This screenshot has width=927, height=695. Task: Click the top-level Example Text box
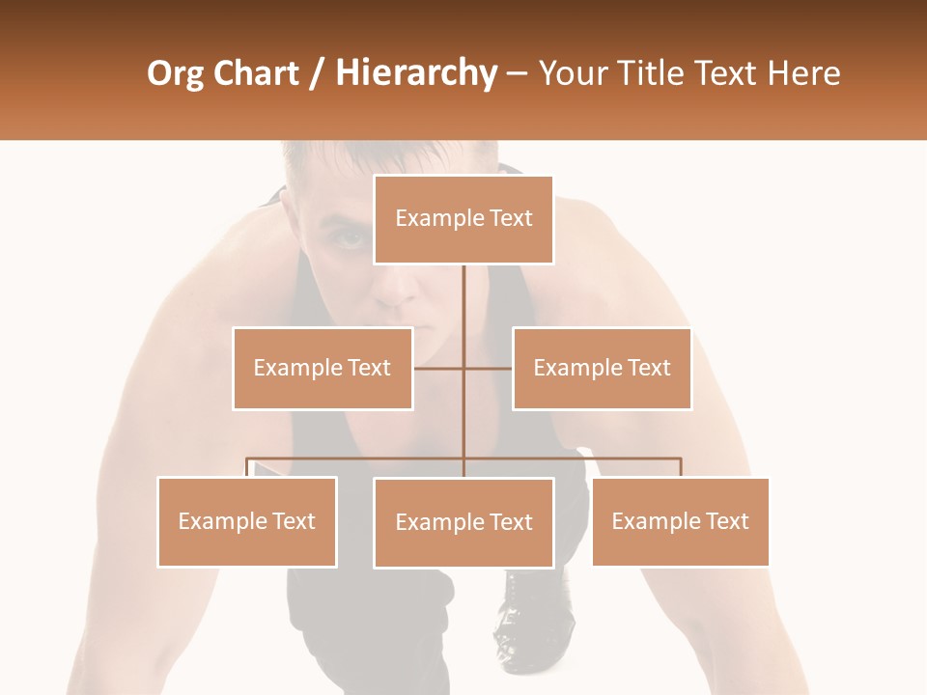463,219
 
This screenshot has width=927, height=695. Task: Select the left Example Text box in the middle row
323,368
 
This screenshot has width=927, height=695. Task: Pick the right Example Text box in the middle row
602,368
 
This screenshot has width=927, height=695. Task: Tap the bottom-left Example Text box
247,521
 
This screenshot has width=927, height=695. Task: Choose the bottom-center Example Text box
463,522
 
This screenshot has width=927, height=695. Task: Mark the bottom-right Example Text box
680,521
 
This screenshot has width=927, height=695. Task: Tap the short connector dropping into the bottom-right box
680,468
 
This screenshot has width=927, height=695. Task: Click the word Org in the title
174,73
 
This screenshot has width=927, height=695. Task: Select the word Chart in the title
252,73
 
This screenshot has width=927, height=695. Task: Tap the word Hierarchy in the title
415,73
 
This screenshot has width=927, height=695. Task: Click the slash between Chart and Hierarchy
317,73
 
